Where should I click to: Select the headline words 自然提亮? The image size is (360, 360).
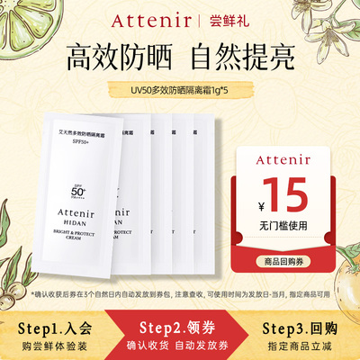(247, 58)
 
